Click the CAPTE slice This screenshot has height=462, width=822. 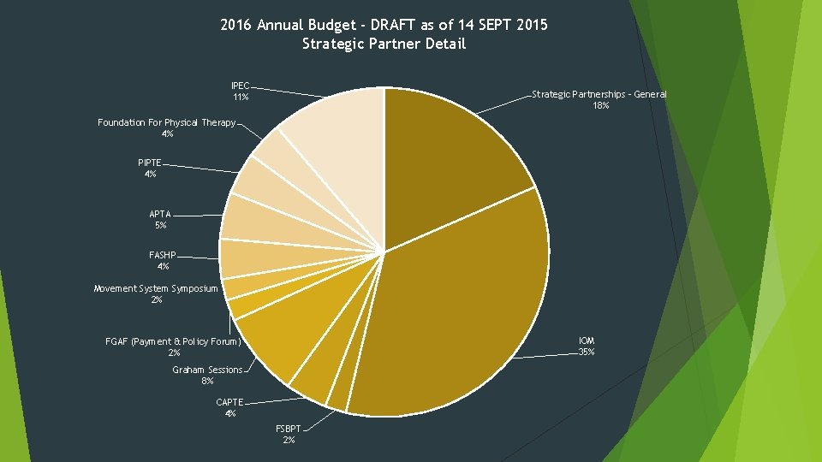click(x=325, y=372)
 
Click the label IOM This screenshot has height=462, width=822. click(x=587, y=341)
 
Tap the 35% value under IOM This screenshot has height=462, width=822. click(x=587, y=352)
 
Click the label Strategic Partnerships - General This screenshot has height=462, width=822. click(x=599, y=94)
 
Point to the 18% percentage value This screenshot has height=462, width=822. click(x=601, y=105)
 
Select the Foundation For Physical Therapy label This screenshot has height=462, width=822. click(x=167, y=122)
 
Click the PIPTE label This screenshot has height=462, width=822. click(x=149, y=163)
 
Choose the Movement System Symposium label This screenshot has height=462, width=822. click(x=156, y=288)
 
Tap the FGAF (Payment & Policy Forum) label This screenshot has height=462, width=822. click(x=173, y=341)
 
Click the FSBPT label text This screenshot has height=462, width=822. click(x=289, y=429)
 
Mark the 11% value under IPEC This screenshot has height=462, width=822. click(x=241, y=97)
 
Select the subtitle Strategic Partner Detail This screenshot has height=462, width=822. click(x=384, y=44)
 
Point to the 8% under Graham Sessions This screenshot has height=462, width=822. click(x=207, y=381)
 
